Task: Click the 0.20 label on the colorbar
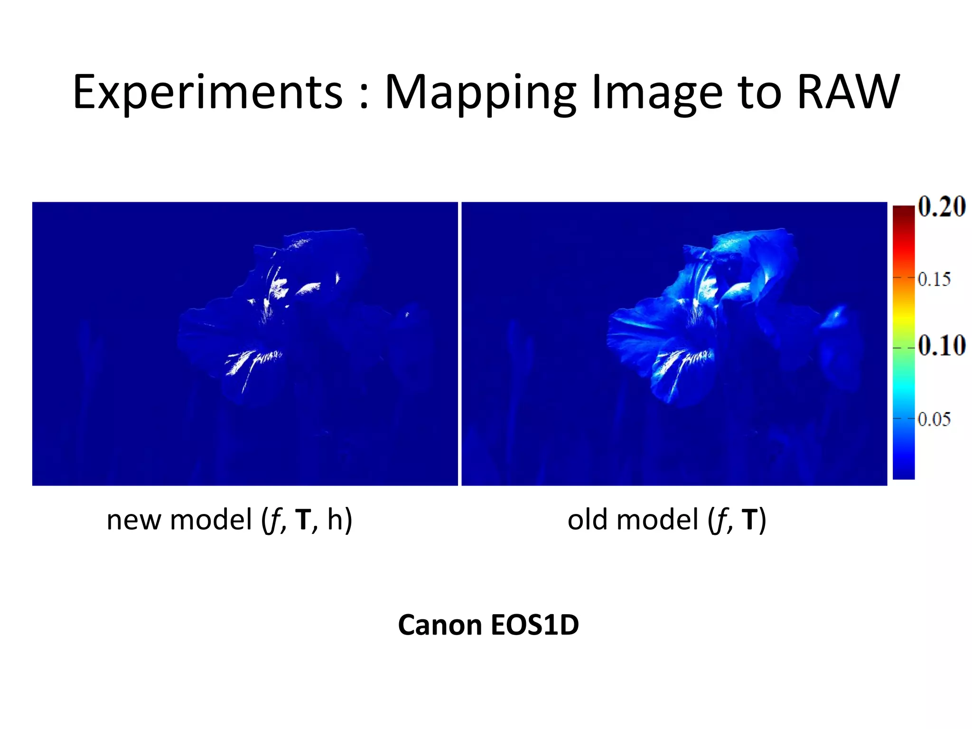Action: click(941, 207)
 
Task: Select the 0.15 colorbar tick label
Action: click(934, 279)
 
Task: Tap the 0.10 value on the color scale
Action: click(941, 346)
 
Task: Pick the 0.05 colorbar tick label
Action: click(934, 419)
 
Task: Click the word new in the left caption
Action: click(134, 520)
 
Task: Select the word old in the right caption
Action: click(588, 520)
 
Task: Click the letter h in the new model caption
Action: click(335, 519)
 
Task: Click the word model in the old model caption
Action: click(657, 520)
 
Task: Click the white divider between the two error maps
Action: click(459, 344)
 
